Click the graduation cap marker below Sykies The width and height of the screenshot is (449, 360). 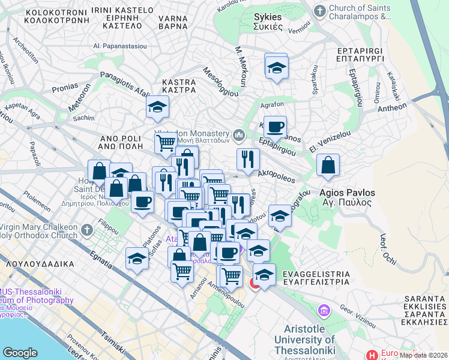click(x=276, y=68)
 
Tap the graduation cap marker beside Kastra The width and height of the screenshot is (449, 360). click(x=157, y=107)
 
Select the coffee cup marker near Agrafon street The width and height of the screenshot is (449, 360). click(x=275, y=127)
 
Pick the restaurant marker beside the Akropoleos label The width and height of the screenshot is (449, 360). click(x=247, y=159)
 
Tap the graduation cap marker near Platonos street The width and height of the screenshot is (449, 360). click(x=137, y=259)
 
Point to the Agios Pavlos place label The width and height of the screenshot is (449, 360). click(x=347, y=197)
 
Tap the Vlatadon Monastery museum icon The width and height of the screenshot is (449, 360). click(x=240, y=133)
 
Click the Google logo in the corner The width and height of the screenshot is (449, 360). click(x=20, y=353)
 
